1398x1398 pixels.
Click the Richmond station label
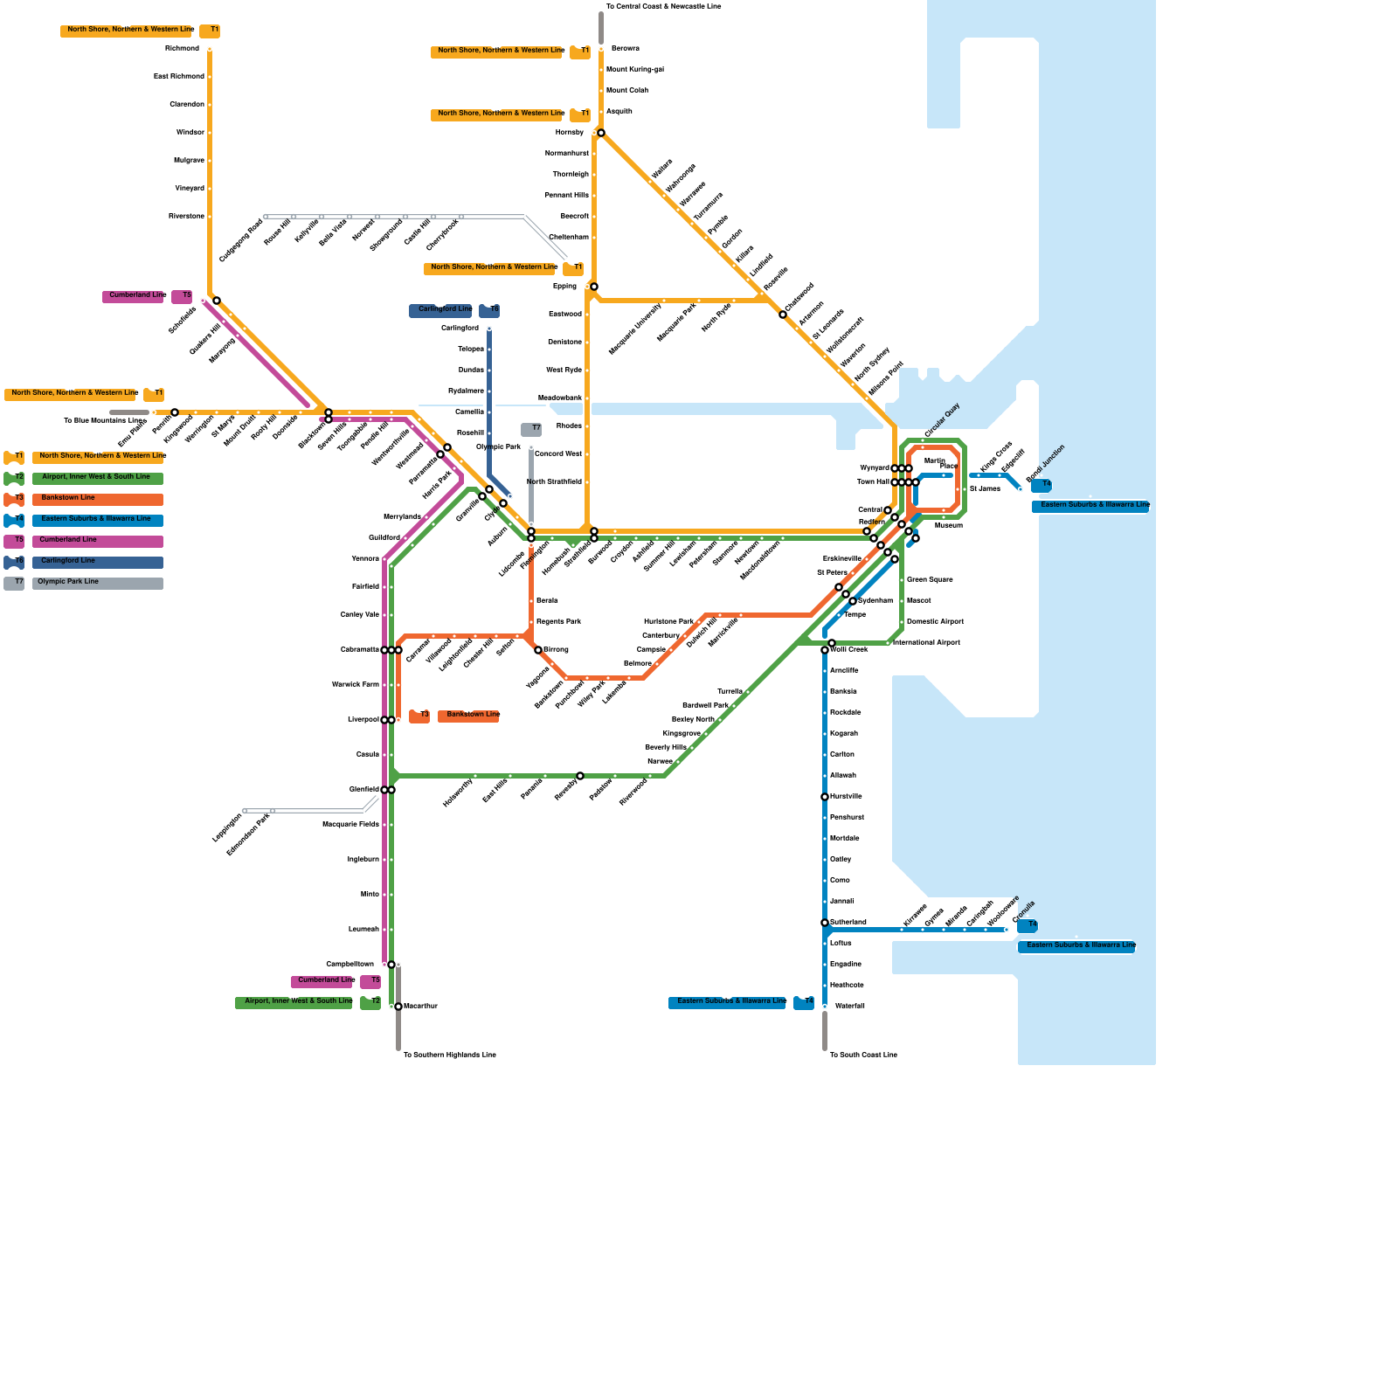coord(182,49)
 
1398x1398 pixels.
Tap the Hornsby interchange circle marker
coord(601,133)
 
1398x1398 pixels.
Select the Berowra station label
coord(625,49)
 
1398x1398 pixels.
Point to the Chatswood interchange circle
coord(783,315)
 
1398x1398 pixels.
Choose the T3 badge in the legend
coord(14,498)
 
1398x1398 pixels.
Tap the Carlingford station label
coord(460,329)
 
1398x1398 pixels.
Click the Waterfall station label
coord(849,1007)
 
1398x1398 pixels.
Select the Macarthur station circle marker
coord(398,1007)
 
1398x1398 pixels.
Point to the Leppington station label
coord(227,827)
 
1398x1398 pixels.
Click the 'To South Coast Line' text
coord(863,1055)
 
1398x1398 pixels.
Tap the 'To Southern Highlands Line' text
coord(449,1055)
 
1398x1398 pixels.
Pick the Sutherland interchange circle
coord(825,923)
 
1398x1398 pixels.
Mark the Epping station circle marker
coord(594,287)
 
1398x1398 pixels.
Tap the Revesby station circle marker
coord(580,776)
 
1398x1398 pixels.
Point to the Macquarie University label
coord(635,329)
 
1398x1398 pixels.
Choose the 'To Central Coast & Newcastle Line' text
coord(663,7)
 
